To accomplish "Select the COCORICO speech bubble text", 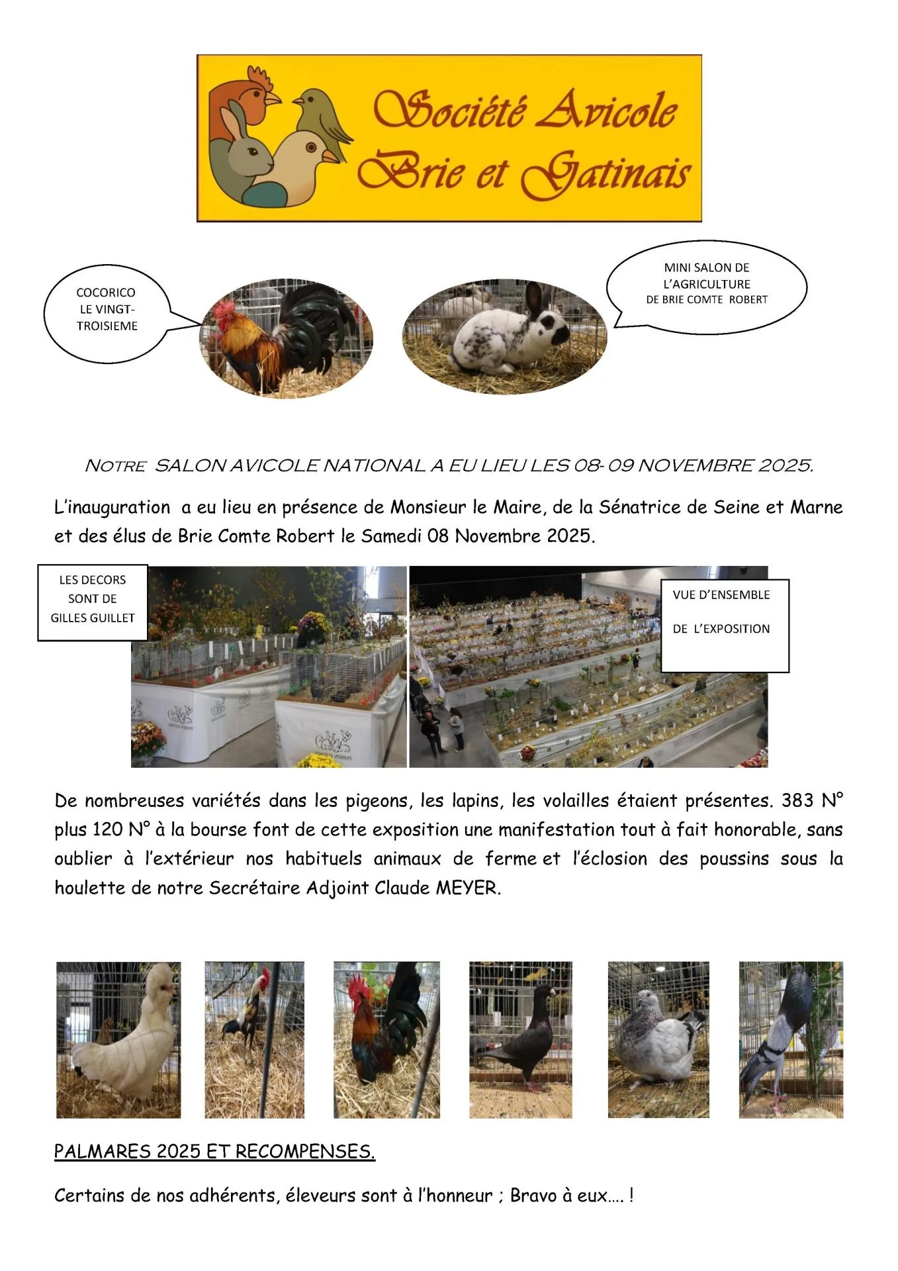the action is (107, 309).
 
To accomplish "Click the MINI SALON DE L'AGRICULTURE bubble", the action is (707, 283).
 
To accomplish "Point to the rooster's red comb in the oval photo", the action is (225, 308).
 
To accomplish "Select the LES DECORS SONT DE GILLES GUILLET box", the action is (93, 599).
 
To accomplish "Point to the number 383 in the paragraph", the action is (797, 801).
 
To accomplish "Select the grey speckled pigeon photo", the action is (658, 1039).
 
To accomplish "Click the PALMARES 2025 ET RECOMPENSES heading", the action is (214, 1152).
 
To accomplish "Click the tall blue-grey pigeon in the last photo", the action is (781, 1039).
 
